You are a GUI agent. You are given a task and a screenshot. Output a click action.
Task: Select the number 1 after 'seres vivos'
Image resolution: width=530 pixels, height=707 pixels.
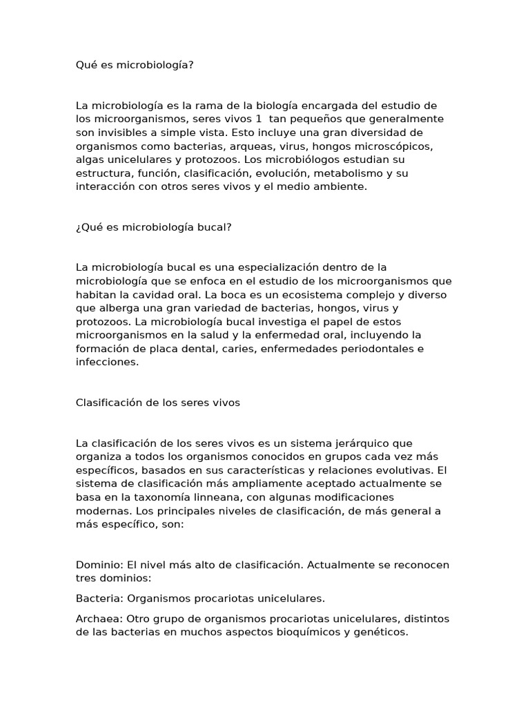pos(259,119)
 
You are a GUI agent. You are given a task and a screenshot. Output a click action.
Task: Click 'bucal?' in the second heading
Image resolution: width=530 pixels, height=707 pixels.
pos(215,227)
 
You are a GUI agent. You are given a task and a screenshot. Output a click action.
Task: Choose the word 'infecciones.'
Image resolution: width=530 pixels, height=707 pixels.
pos(107,362)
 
